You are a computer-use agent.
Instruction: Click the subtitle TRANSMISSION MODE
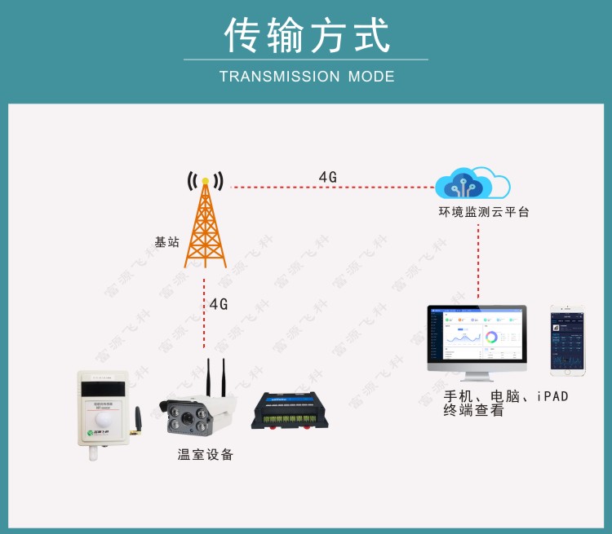(x=307, y=77)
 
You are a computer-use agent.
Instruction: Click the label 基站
(x=166, y=242)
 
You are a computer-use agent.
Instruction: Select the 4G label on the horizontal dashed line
(x=327, y=177)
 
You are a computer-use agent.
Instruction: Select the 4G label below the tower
(x=218, y=304)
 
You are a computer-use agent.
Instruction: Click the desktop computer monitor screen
(x=477, y=336)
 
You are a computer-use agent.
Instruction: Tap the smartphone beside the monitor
(x=568, y=340)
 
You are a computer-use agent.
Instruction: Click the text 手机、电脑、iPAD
(x=505, y=396)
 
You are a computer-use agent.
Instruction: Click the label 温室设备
(x=206, y=455)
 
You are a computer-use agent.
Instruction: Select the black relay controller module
(x=291, y=410)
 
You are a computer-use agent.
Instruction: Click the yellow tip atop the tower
(x=206, y=180)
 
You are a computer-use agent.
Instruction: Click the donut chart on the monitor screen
(x=492, y=337)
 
